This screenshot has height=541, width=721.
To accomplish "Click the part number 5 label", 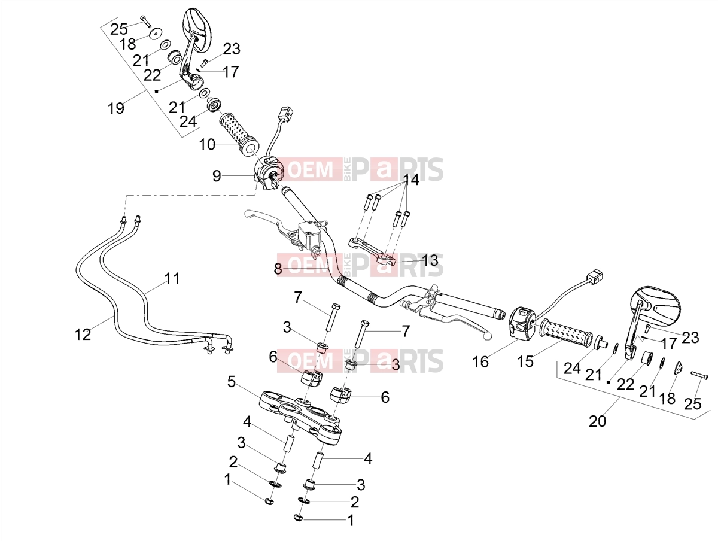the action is point(232,382).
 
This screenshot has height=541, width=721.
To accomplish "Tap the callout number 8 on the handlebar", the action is point(278,269).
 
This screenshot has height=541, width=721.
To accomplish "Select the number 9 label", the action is point(217,176).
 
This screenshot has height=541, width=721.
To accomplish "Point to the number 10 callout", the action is point(207,145).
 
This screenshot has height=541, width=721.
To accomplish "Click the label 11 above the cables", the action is point(172,279).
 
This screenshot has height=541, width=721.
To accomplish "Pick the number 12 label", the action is point(83,335).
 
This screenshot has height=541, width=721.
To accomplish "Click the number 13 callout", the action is point(430,260).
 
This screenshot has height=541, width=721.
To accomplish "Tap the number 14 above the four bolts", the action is point(411,180).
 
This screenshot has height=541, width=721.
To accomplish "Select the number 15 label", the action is point(525,361).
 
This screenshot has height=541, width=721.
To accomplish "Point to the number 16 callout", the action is point(480,362).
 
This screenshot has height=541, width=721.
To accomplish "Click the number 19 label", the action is point(116,108).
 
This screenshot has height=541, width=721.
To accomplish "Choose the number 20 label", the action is point(598,421).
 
